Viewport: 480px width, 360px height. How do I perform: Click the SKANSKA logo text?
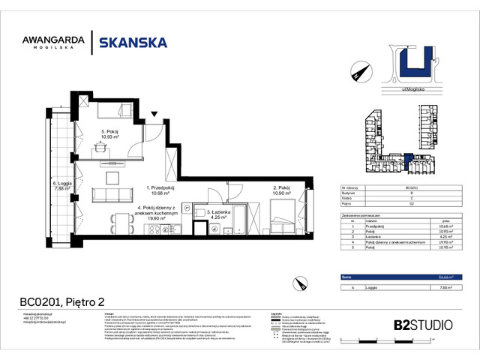133,42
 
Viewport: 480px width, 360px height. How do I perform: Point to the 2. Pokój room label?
281,190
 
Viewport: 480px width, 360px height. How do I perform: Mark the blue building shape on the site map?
415,65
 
